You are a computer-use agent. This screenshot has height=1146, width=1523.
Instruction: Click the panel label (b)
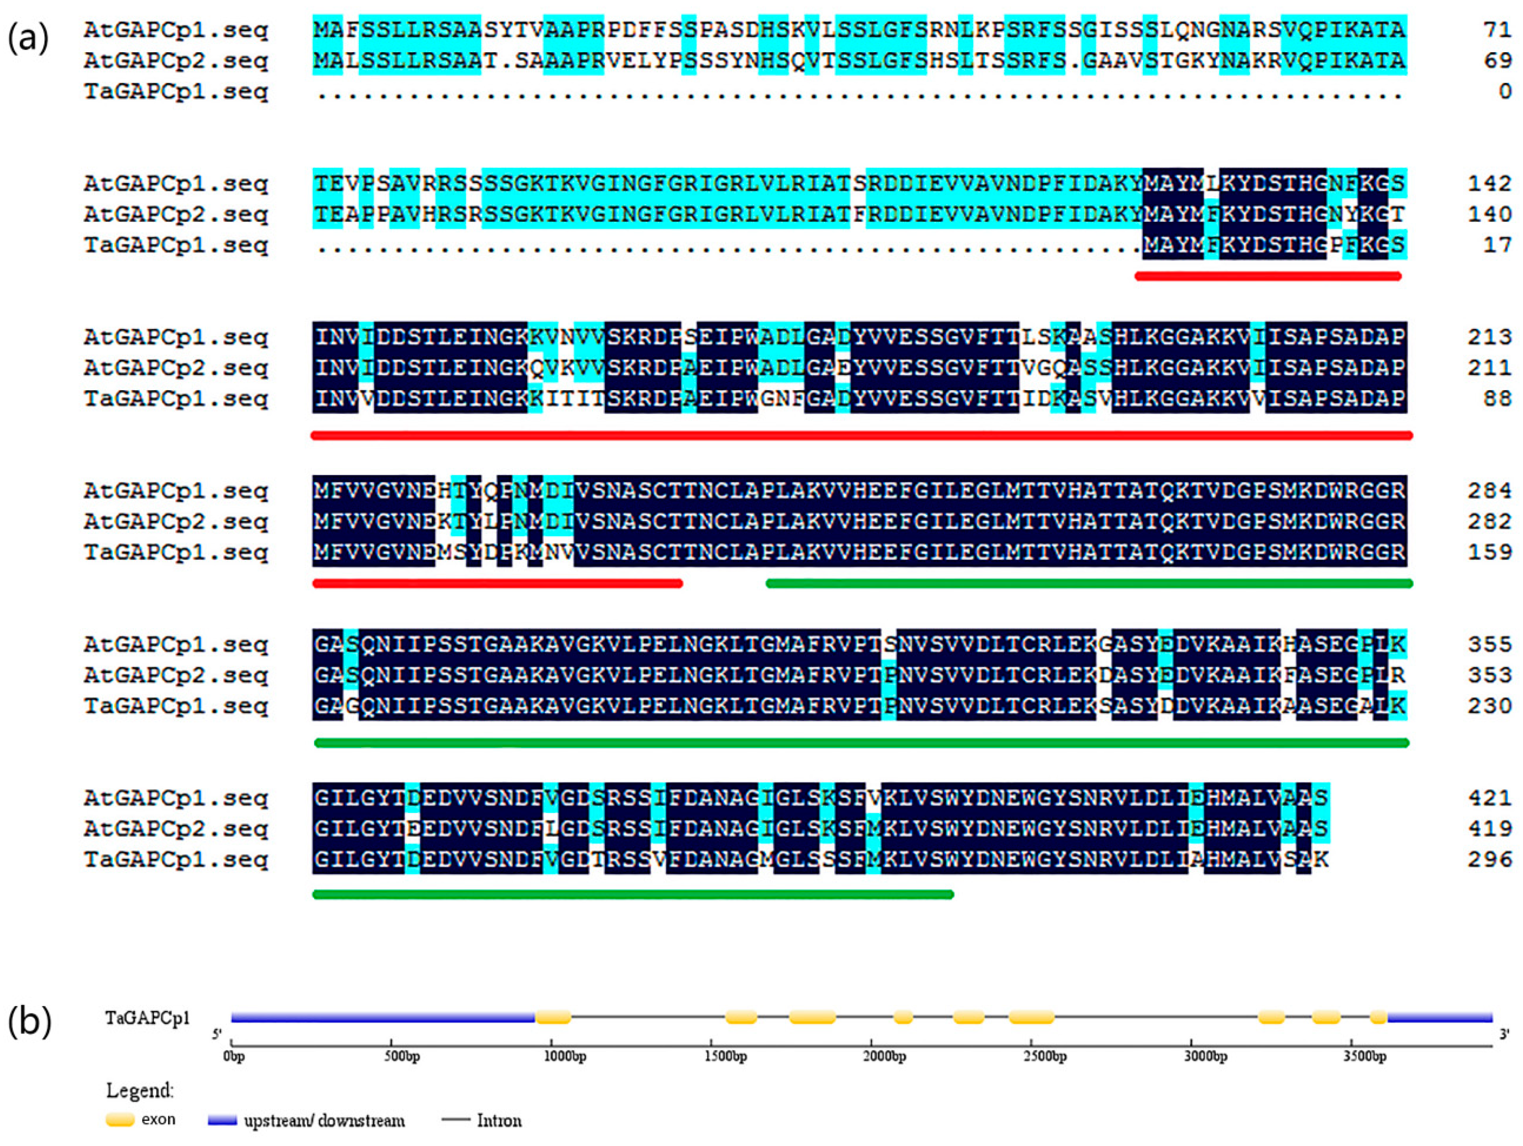point(29,1022)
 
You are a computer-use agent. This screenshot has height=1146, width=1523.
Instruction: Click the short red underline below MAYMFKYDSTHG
point(1268,276)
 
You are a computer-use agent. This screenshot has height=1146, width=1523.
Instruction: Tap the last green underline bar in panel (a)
point(633,895)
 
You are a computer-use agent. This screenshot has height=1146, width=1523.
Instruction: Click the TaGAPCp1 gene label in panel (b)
point(148,1018)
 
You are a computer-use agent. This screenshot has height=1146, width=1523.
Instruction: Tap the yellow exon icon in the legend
point(120,1120)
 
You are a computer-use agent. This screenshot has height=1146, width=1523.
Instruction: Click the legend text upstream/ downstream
point(324,1121)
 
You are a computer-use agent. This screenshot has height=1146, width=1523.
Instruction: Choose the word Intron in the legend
point(499,1121)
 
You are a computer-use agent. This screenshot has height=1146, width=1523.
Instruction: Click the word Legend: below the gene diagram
point(140,1090)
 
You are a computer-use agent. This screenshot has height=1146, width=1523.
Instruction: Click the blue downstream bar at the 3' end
point(1439,1017)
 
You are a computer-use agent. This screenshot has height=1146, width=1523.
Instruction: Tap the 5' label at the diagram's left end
point(217,1034)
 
